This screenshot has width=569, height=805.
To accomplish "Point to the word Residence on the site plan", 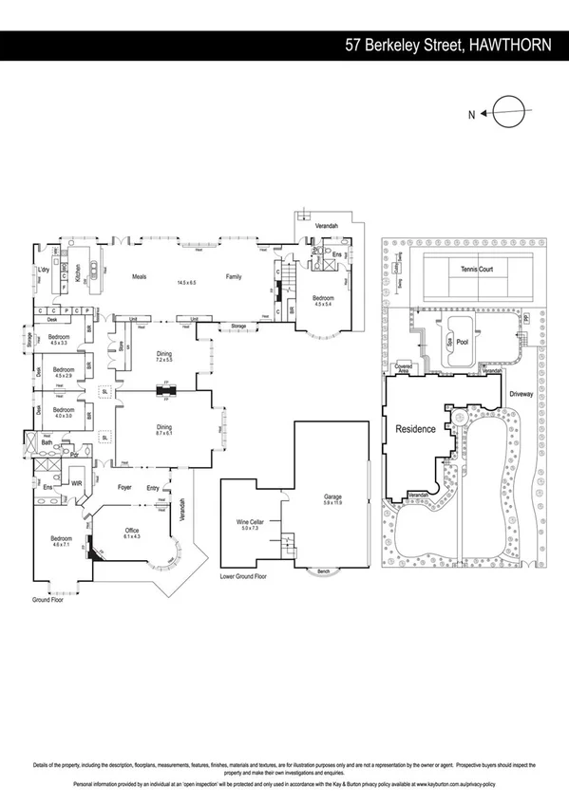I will click(x=415, y=429).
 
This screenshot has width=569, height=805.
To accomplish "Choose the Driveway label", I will click(x=522, y=391).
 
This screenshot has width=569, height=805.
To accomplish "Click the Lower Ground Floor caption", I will click(x=243, y=576).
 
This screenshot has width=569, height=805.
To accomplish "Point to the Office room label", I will click(x=132, y=533).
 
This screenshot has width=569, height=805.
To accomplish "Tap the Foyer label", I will click(x=123, y=487).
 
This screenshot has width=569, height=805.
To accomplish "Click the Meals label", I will click(x=138, y=276).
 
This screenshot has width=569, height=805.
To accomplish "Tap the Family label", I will click(x=234, y=276).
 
